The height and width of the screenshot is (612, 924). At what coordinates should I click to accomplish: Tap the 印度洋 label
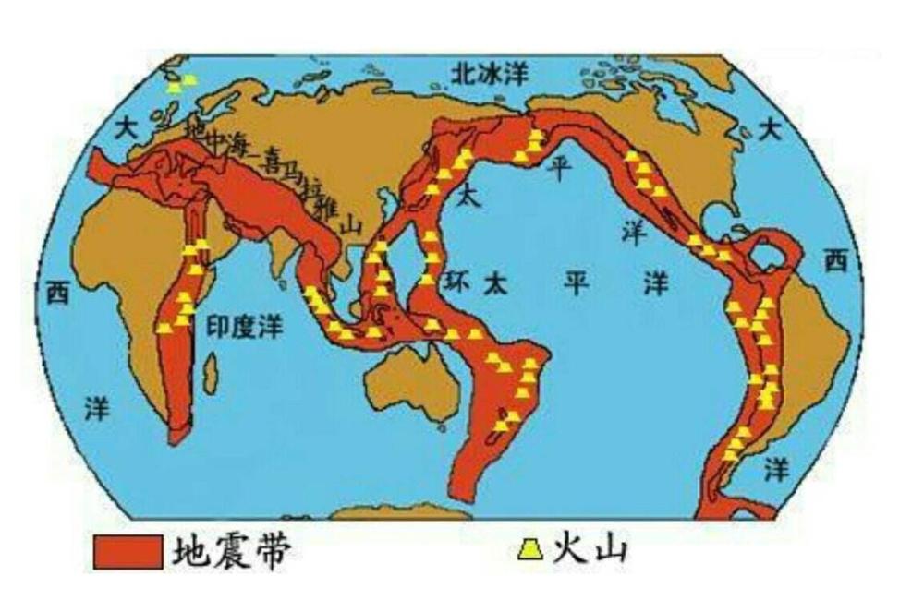pos(243,327)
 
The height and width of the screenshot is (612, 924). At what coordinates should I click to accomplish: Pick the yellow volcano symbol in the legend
pos(529,551)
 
